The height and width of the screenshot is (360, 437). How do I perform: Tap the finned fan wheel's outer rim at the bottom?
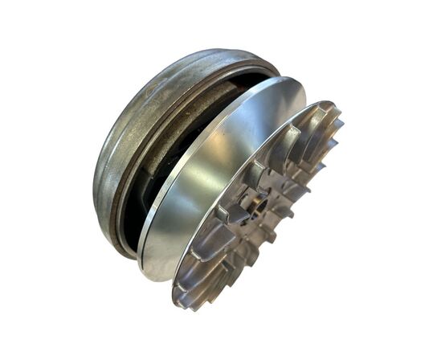pos(189,305)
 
